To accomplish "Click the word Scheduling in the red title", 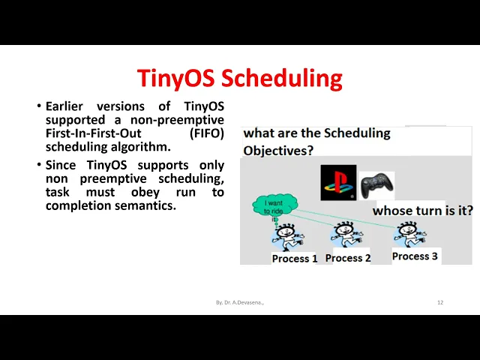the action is (281, 79).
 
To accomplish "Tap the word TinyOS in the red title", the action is (175, 78).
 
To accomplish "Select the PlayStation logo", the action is (338, 182).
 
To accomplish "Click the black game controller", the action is (376, 185).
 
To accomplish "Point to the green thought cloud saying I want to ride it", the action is (274, 205).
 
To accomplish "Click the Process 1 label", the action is (295, 258).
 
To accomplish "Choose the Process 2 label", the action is (348, 258).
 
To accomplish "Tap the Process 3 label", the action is (415, 256).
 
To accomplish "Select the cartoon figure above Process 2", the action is (346, 234).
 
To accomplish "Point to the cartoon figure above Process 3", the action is (410, 235).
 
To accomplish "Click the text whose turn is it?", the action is (423, 211).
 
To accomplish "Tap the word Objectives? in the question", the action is (278, 151).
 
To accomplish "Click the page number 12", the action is (440, 302).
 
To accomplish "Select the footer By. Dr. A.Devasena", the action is (240, 302).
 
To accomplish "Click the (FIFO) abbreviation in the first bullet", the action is (207, 133).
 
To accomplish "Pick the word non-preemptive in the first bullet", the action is (177, 120).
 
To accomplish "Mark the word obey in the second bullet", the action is (145, 193).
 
